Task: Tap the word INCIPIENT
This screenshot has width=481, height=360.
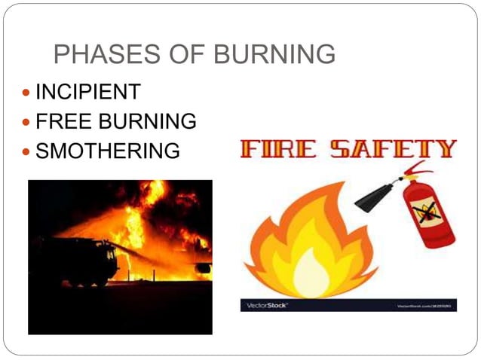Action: coord(87,93)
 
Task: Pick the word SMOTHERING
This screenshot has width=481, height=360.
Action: coord(108,151)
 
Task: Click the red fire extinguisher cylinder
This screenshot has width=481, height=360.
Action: coord(428,215)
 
